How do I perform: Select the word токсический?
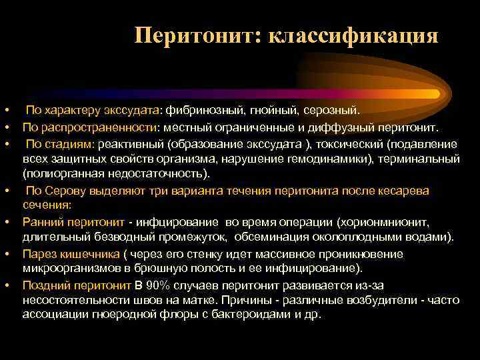click(353, 144)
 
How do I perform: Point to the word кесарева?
click(405, 191)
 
